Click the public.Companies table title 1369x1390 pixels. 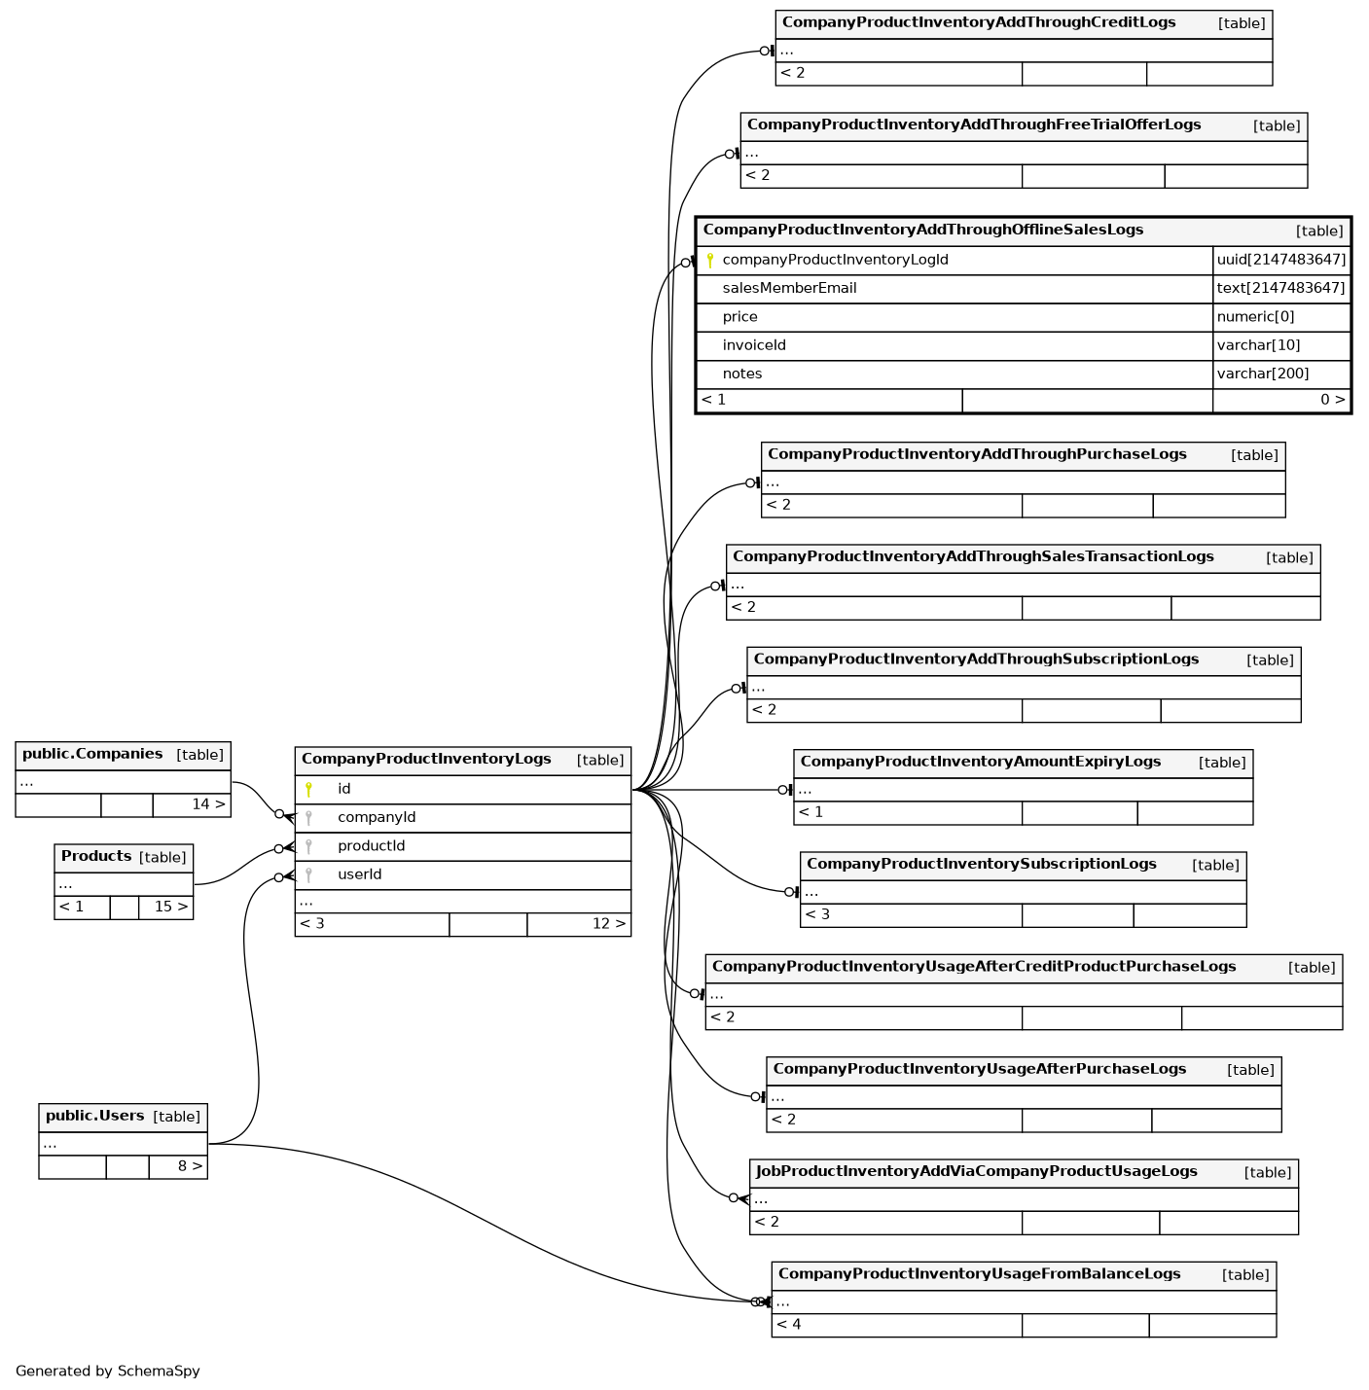pyautogui.click(x=92, y=754)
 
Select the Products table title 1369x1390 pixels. pyautogui.click(x=96, y=856)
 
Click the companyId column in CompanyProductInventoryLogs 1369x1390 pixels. pyautogui.click(x=377, y=817)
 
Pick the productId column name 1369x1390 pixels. pyautogui.click(x=371, y=845)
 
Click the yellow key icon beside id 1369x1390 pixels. pyautogui.click(x=308, y=789)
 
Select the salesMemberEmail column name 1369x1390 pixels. pyautogui.click(x=789, y=288)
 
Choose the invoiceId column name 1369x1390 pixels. pyautogui.click(x=753, y=345)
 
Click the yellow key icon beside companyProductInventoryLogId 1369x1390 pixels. pyautogui.click(x=710, y=260)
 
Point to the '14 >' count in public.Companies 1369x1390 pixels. pyautogui.click(x=208, y=804)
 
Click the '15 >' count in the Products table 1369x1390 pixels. pyautogui.click(x=170, y=907)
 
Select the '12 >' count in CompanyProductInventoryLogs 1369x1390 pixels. pyautogui.click(x=609, y=923)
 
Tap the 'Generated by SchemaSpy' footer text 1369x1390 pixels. pyautogui.click(x=107, y=1371)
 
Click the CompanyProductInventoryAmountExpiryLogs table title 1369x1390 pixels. pyautogui.click(x=980, y=762)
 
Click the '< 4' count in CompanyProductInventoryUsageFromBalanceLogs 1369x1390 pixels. pyautogui.click(x=789, y=1324)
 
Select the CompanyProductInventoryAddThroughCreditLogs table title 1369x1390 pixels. pyautogui.click(x=978, y=22)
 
